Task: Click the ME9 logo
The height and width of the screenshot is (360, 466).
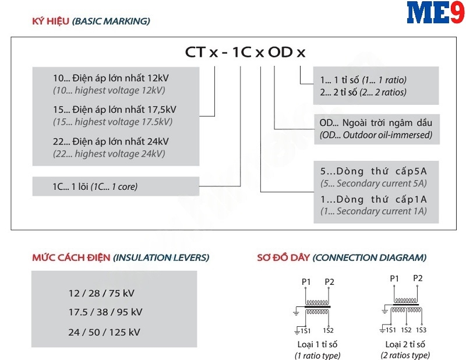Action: pos(436,14)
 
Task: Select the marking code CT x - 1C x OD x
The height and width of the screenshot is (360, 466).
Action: pos(245,52)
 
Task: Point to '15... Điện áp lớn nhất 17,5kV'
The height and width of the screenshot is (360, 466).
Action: pos(114,110)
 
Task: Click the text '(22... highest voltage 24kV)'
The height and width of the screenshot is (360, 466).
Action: pos(109,154)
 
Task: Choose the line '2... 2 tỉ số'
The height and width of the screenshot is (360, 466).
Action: pos(363,92)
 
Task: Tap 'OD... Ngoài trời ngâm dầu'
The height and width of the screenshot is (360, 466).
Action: pos(376,123)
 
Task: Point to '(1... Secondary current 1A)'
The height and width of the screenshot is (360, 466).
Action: pos(373,211)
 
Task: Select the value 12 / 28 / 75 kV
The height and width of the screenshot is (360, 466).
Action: pos(101,293)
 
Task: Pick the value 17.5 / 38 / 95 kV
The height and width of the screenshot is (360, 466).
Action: pos(105,312)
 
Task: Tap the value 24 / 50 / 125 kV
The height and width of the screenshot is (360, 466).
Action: pos(104,332)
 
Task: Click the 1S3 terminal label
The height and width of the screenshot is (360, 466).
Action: pos(421,330)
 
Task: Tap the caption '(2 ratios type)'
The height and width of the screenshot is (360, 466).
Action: pos(405,355)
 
